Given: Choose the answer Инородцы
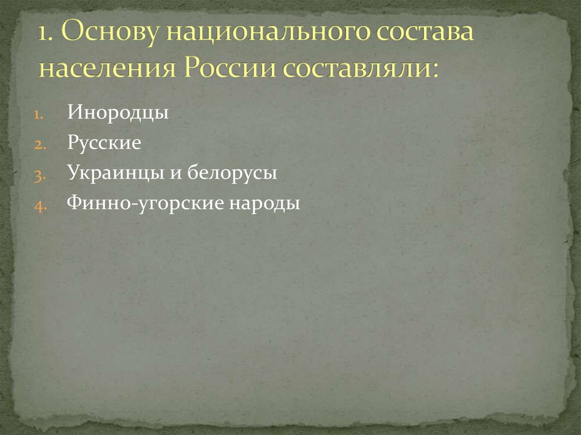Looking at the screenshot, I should pyautogui.click(x=118, y=112).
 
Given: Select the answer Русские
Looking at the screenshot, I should pyautogui.click(x=104, y=143).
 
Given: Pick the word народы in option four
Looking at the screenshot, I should pyautogui.click(x=264, y=204).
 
